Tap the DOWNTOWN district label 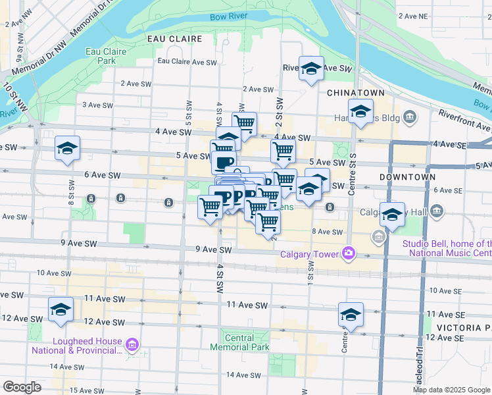coord(407,177)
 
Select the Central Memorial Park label coord(239,342)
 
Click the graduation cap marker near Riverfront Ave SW coord(311,68)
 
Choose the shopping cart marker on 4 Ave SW coord(244,123)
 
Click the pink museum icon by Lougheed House coord(132,344)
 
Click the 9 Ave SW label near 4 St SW coord(214,250)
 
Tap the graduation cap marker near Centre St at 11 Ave coord(351,314)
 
